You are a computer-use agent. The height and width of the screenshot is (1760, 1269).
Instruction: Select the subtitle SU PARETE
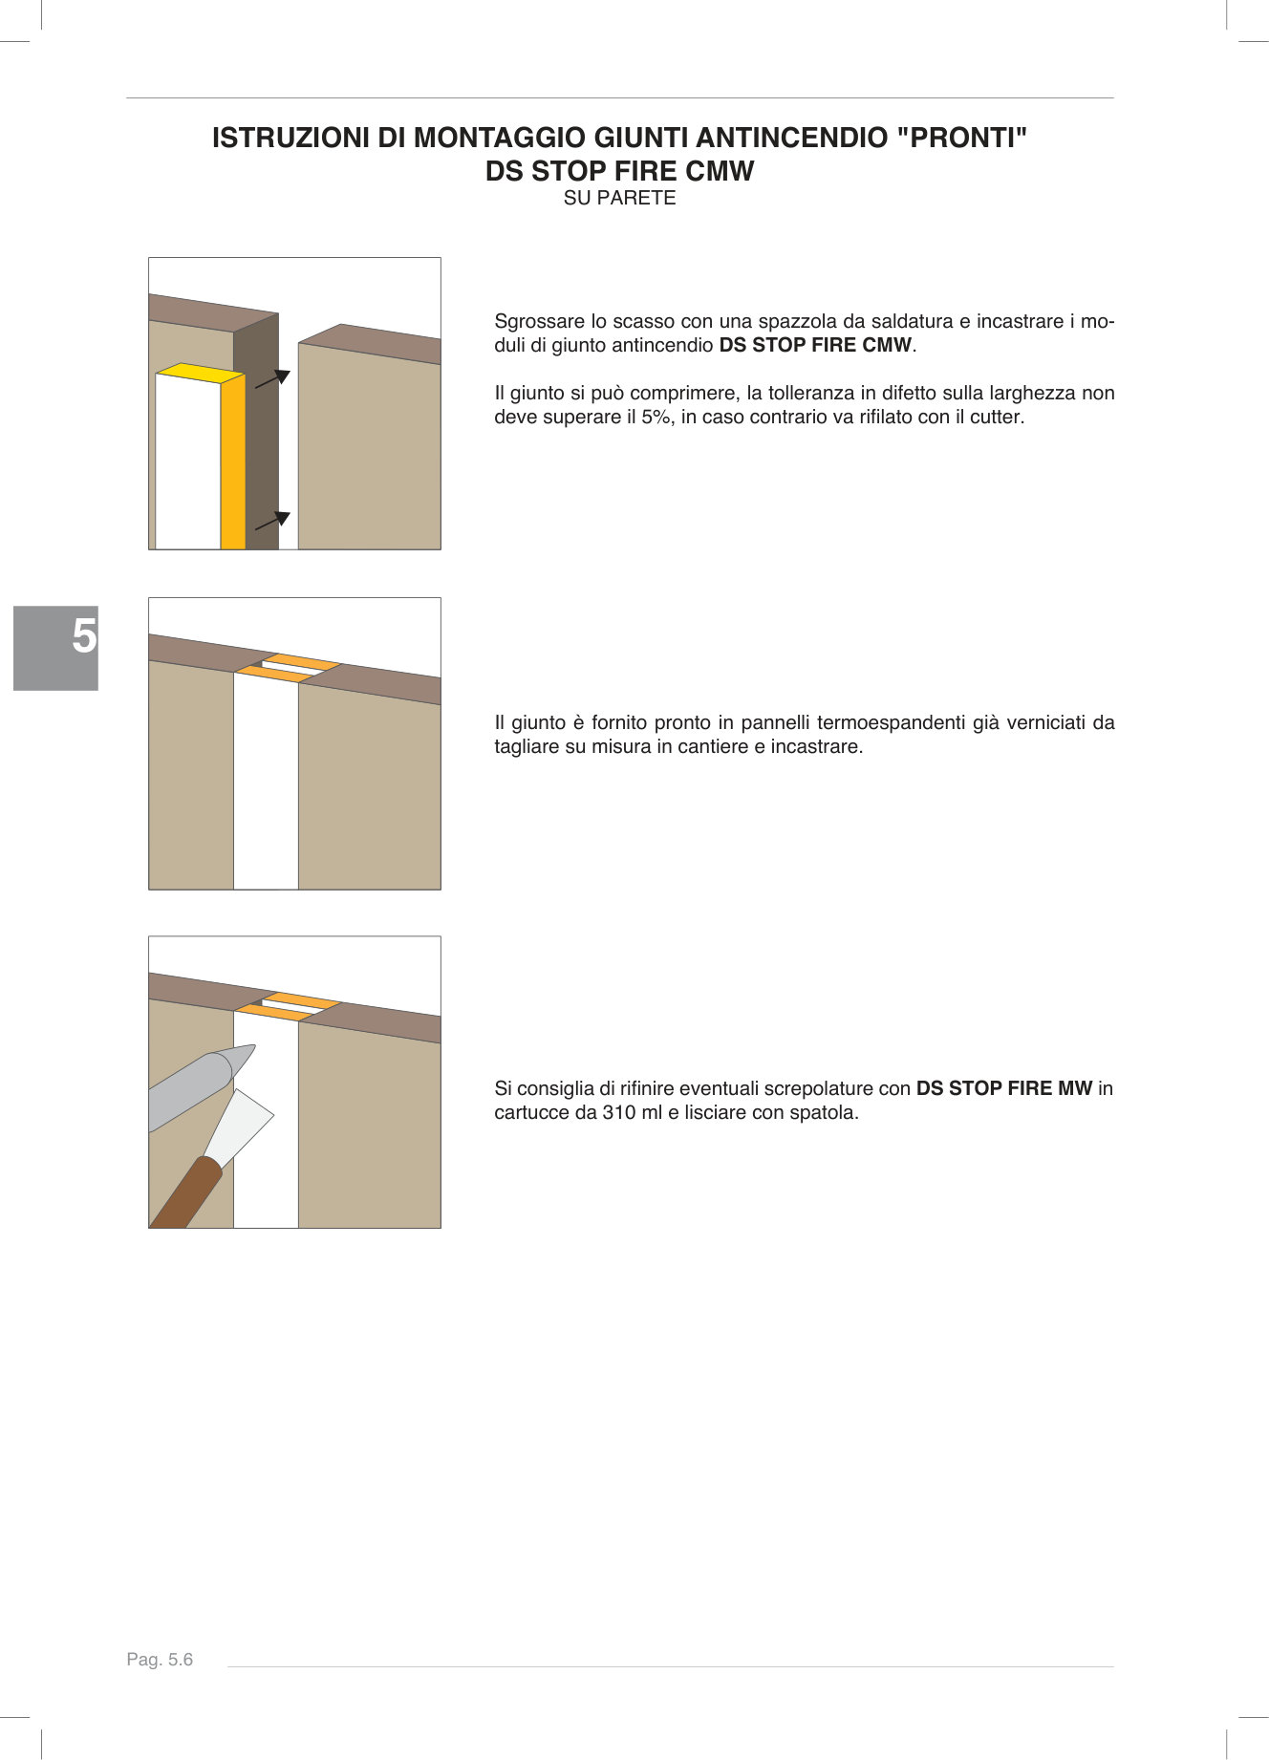click(619, 198)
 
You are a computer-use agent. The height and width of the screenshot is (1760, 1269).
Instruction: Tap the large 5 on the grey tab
click(84, 635)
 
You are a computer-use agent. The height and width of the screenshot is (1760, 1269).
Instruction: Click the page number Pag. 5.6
click(160, 1660)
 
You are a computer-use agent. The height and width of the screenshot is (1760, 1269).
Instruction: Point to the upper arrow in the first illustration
click(274, 378)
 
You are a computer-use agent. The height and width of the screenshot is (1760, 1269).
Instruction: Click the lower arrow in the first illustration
click(273, 521)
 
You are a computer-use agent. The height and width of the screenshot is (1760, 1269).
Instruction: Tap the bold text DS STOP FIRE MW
click(1003, 1088)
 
